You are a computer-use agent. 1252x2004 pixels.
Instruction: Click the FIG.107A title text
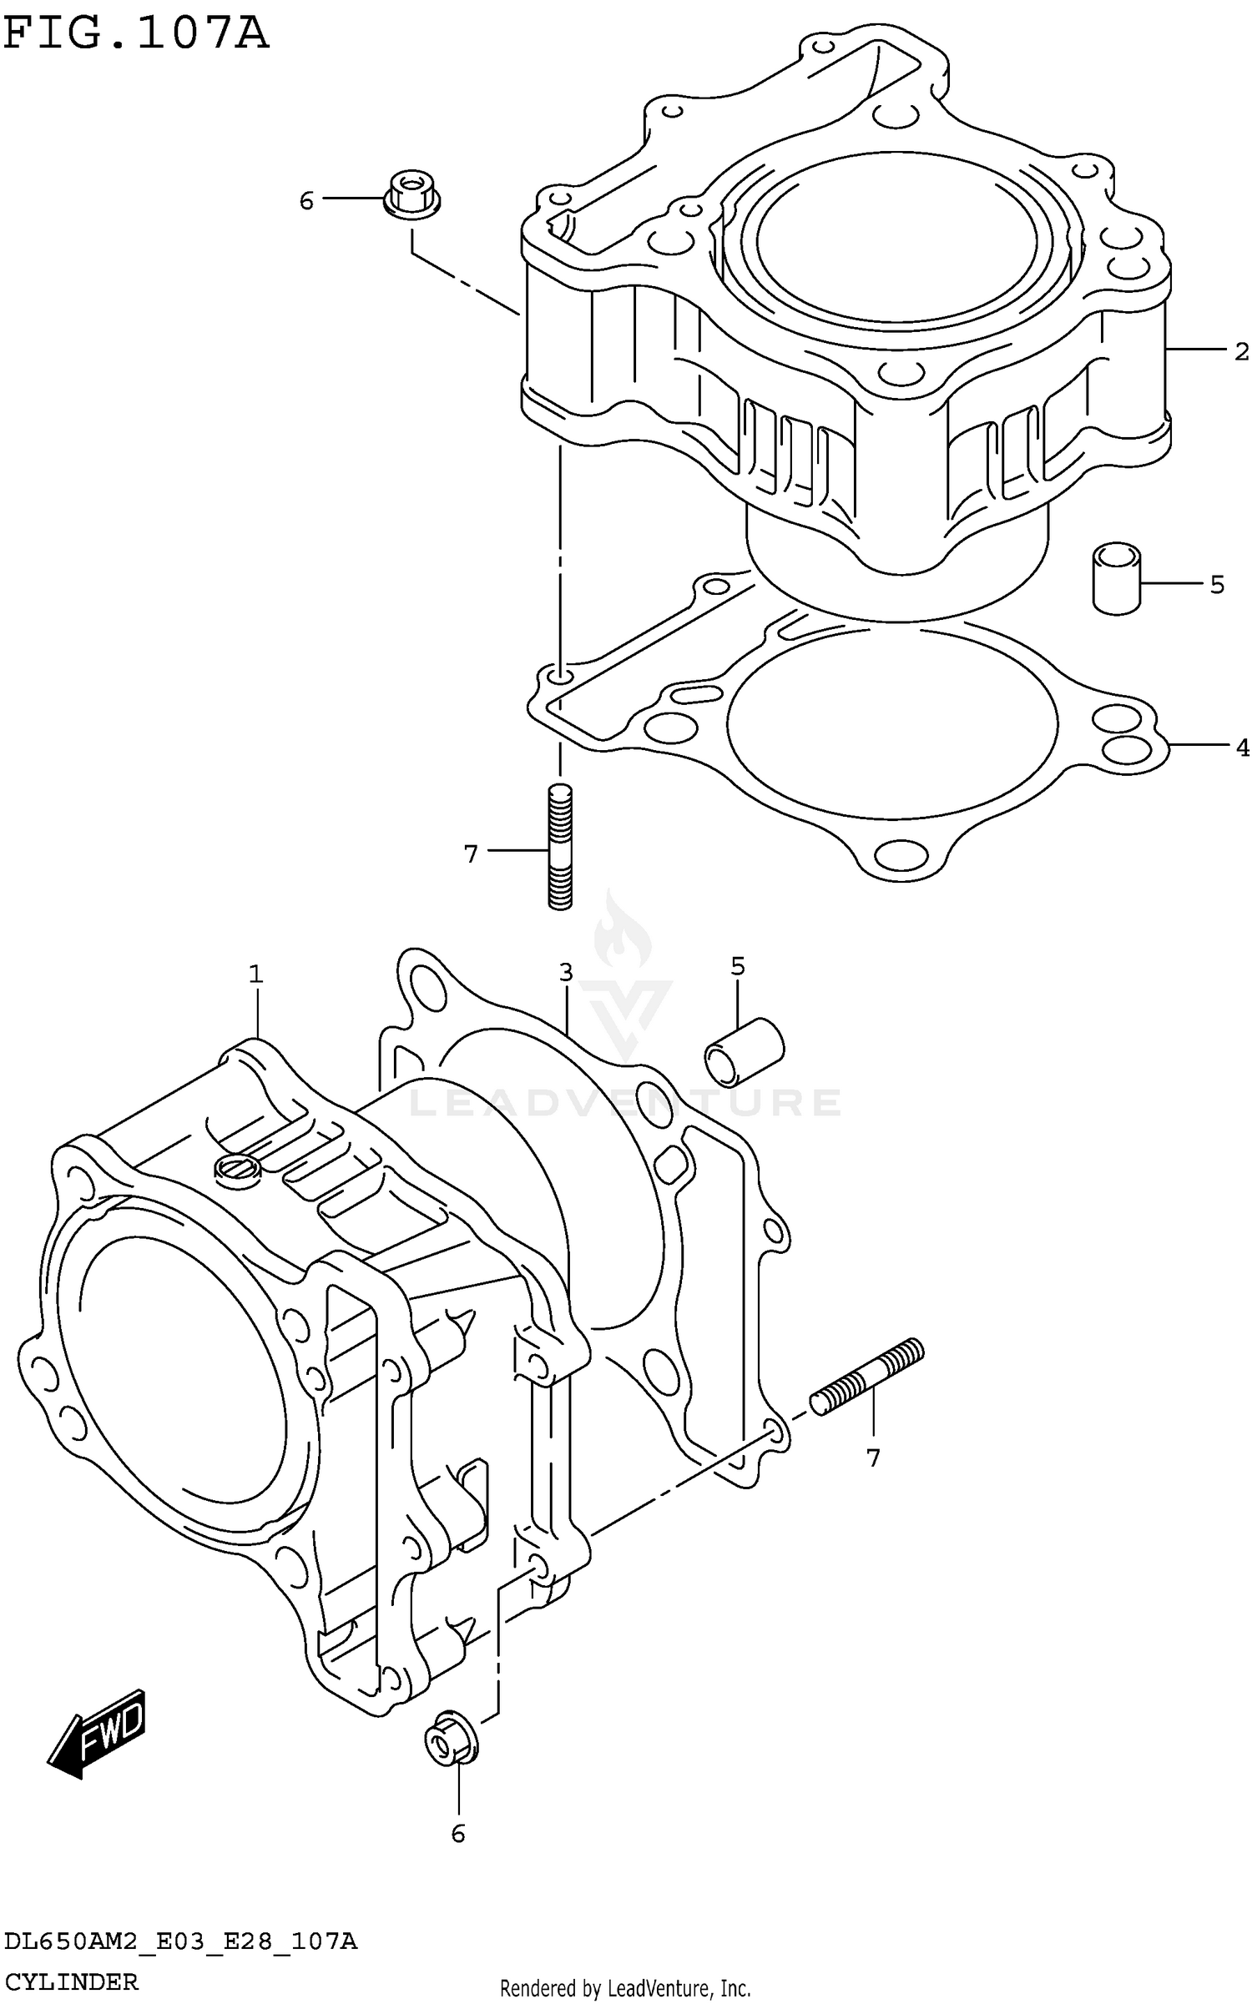click(136, 35)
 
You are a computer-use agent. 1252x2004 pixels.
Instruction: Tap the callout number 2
click(1241, 352)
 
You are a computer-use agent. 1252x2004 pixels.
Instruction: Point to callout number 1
click(255, 974)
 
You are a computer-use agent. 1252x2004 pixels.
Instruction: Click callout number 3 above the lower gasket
click(566, 972)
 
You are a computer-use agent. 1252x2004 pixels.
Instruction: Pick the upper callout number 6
click(306, 201)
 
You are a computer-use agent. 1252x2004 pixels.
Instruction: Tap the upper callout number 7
click(471, 853)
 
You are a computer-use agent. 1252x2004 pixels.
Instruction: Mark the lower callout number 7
click(873, 1458)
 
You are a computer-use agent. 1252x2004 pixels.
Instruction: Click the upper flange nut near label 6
click(411, 194)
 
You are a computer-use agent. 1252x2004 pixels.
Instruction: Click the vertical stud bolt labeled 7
click(560, 846)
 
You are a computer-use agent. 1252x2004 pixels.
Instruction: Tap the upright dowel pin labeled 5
click(1116, 578)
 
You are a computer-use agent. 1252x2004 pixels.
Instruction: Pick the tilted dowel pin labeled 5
click(744, 1053)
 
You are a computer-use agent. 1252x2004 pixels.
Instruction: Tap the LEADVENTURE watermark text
click(626, 1103)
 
